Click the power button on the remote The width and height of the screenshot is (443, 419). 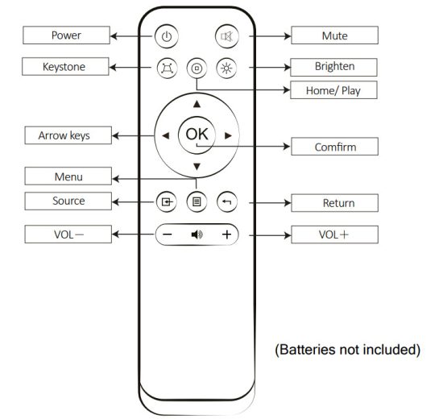(x=166, y=36)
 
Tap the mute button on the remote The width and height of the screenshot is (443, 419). (x=227, y=36)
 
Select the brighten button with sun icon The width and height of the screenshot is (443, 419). (x=227, y=68)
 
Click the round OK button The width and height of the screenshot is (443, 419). (x=197, y=135)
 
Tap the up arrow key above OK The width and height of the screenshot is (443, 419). (x=197, y=104)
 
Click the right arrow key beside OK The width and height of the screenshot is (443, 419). (x=228, y=135)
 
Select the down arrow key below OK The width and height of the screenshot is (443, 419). (x=197, y=167)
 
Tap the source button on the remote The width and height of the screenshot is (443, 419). (x=166, y=201)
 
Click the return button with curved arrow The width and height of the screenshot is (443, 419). (x=227, y=201)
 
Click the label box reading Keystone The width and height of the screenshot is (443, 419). (x=64, y=67)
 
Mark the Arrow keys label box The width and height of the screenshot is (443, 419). (x=64, y=135)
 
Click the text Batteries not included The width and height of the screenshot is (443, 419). (x=348, y=350)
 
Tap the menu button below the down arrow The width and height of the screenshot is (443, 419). (x=197, y=201)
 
